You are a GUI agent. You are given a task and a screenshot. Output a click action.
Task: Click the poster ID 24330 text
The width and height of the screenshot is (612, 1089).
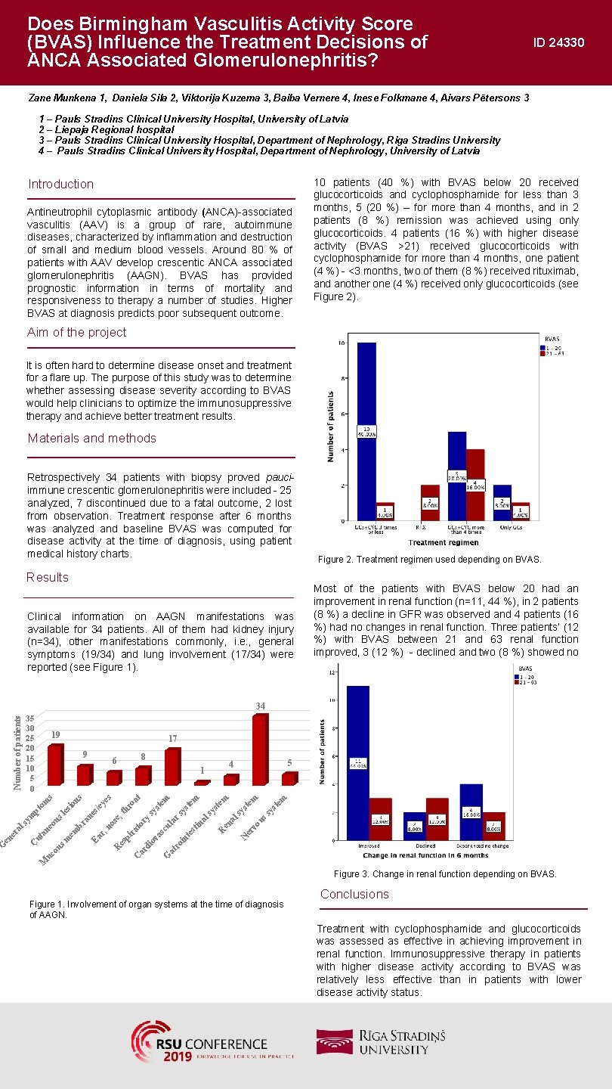click(558, 43)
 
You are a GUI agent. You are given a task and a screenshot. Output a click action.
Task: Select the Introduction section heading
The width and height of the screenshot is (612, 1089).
click(61, 185)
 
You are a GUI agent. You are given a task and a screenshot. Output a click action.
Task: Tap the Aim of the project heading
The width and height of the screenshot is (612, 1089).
click(77, 333)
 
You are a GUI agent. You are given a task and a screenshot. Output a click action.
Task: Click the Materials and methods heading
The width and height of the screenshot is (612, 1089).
click(92, 439)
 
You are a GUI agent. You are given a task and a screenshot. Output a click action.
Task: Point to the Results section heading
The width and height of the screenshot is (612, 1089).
click(48, 578)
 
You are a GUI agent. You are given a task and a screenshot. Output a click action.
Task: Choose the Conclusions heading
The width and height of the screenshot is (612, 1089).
click(354, 894)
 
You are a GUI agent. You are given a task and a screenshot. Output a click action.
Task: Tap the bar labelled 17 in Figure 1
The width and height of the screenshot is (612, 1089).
click(172, 767)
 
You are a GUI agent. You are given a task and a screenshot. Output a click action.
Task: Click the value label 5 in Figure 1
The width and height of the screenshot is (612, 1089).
click(289, 763)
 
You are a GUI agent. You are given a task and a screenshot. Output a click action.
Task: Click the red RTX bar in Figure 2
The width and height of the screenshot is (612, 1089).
click(429, 502)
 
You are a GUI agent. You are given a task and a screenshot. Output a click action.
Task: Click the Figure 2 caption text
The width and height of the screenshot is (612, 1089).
click(429, 560)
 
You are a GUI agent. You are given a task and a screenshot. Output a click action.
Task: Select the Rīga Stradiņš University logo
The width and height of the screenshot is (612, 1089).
click(381, 1041)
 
